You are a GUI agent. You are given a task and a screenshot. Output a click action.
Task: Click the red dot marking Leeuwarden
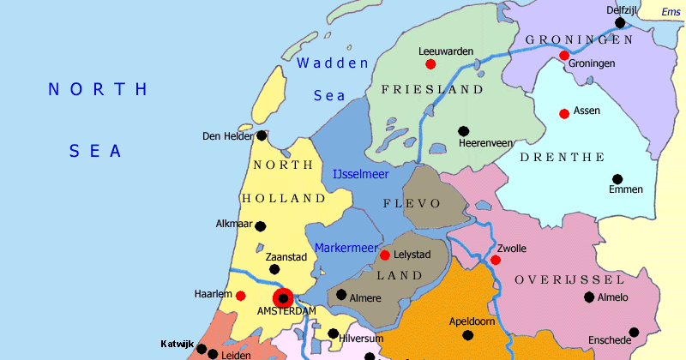click(x=430, y=64)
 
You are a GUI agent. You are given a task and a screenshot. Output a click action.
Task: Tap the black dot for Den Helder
click(x=262, y=135)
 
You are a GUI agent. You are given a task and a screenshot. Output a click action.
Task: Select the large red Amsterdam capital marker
click(x=283, y=298)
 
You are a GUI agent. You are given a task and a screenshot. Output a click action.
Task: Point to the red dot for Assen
click(x=564, y=114)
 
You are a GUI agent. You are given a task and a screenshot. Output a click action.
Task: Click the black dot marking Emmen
click(x=617, y=179)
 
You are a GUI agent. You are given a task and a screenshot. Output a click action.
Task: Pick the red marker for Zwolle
click(x=496, y=261)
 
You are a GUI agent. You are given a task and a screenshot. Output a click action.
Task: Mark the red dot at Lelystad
click(x=386, y=255)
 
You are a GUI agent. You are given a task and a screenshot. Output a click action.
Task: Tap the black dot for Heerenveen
click(x=463, y=131)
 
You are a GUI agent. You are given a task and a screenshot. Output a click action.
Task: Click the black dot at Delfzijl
click(x=620, y=23)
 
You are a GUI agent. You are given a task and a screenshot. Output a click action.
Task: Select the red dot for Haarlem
click(x=241, y=296)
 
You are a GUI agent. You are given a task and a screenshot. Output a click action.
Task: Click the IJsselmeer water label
click(x=360, y=175)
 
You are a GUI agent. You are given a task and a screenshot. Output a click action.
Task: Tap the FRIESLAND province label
click(x=432, y=89)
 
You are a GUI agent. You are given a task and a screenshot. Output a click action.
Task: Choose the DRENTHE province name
click(x=562, y=157)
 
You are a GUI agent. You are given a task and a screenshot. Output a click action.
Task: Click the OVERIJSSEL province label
click(x=569, y=280)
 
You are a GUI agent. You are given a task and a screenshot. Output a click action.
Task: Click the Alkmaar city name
click(x=234, y=225)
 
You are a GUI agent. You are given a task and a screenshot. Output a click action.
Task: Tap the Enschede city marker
click(x=634, y=333)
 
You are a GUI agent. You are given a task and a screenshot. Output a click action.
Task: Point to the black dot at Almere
click(x=341, y=295)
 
